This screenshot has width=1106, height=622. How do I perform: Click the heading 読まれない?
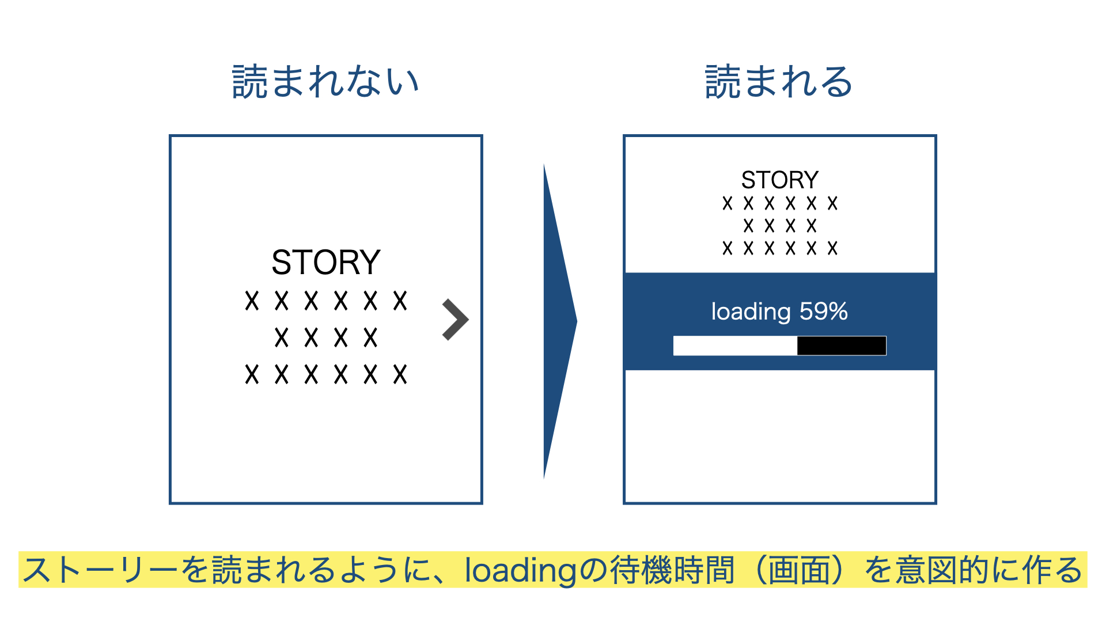tap(325, 81)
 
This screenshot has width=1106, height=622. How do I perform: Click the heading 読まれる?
tap(779, 81)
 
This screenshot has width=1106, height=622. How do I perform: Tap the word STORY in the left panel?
tap(326, 262)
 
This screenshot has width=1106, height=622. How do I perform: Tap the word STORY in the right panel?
tap(779, 180)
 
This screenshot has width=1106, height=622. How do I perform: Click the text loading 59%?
tap(779, 312)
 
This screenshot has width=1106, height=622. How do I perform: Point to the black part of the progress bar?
tap(842, 346)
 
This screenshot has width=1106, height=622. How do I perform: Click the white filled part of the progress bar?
tap(735, 346)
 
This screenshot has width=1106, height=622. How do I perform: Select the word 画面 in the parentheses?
tap(800, 570)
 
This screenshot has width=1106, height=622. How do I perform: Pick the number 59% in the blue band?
tap(824, 312)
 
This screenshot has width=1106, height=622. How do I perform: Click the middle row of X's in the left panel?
tap(326, 337)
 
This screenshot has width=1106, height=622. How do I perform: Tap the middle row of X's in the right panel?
tap(780, 226)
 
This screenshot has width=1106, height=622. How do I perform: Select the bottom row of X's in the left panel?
tap(326, 374)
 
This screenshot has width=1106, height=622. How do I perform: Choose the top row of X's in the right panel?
tap(780, 203)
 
